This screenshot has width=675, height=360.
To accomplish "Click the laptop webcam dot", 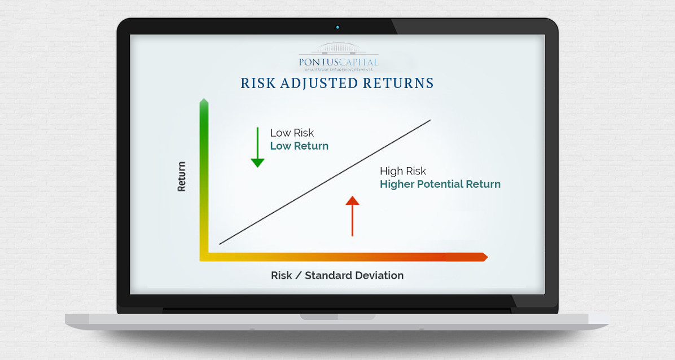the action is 337,27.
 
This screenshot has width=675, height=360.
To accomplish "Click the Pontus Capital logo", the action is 339,58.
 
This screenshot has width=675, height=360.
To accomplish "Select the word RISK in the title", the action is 257,83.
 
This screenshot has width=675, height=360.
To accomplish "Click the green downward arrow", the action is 257,147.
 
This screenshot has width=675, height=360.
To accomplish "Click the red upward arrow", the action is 352,216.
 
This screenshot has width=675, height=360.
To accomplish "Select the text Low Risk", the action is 292,133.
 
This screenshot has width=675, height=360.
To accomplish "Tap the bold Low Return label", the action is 299,146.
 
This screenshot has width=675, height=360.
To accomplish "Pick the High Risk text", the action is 403,171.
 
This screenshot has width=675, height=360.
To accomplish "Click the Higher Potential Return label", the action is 440,185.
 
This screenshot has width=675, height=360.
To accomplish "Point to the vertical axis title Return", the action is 181,177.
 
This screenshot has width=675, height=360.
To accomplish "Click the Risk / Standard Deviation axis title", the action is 337,275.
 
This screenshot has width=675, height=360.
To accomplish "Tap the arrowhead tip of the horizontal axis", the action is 488,257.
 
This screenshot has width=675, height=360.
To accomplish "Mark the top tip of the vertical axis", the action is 204,99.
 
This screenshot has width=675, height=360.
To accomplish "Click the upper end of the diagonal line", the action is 430,120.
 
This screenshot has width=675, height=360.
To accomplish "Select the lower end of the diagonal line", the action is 220,244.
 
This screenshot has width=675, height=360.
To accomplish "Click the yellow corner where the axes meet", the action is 204,257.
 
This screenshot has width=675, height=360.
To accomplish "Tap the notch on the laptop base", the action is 337,317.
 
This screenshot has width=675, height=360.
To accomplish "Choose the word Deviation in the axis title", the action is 380,275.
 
